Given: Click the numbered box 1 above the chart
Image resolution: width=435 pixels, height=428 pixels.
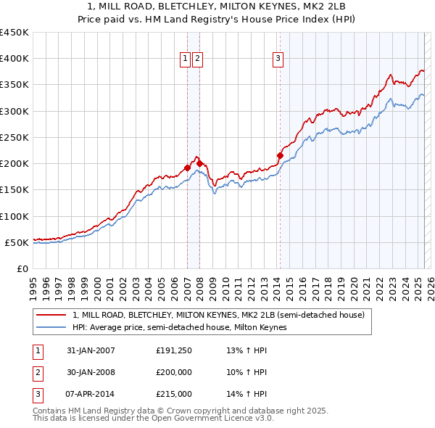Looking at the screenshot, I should tap(185, 59).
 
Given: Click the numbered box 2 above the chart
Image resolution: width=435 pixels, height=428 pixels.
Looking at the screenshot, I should tap(197, 59).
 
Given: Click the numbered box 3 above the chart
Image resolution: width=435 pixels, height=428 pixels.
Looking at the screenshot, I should tap(278, 59).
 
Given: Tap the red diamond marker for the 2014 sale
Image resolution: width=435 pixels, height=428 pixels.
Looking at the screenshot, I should tap(280, 155).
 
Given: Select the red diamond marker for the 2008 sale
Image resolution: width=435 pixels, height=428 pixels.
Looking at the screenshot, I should tap(199, 163).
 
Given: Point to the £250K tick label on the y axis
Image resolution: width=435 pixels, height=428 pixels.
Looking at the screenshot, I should tap(14, 137).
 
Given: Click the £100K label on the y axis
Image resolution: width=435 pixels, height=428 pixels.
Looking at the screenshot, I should tap(14, 216).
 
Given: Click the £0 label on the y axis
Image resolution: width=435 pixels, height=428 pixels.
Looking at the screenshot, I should tap(23, 268).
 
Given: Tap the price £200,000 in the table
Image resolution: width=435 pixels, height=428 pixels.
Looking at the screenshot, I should tap(174, 373).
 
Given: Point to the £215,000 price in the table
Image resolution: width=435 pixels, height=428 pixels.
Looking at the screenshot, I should tap(174, 395).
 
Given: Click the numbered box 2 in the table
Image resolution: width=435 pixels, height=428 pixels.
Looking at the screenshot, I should tap(36, 373).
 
